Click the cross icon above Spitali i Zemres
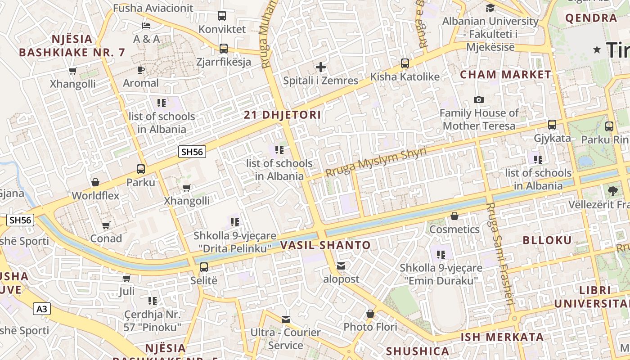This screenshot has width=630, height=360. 320,67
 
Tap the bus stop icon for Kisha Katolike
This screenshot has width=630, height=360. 405,63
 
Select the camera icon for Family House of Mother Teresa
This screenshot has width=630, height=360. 479,99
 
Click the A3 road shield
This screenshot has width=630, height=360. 41,309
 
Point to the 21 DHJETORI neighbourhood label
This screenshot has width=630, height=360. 283,115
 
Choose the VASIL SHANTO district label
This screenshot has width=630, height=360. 325,245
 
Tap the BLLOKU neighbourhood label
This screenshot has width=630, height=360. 547,240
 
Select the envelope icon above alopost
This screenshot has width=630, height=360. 341,266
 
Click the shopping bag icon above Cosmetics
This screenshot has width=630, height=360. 454,216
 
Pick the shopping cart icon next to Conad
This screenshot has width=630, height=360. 106,225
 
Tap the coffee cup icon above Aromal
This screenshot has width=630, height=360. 141,70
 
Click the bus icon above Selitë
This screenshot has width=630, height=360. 204,267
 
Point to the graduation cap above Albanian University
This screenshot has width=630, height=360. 490,8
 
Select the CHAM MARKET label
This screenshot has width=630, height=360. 505,75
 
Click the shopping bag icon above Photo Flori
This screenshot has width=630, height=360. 370,313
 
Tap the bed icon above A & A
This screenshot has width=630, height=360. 146,25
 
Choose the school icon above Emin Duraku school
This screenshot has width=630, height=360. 441,255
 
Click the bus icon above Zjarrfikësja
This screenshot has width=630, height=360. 224,49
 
